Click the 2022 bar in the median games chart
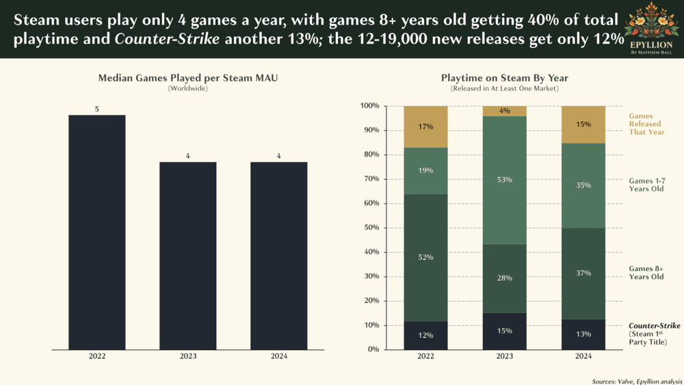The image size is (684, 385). point(96,233)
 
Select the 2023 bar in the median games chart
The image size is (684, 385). point(188,256)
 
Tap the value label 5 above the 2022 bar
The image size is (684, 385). point(97,109)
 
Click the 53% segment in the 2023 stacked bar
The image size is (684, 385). point(505,180)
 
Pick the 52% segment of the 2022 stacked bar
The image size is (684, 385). point(425,258)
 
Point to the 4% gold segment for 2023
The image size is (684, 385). point(505,111)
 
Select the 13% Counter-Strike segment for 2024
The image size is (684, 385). point(583,334)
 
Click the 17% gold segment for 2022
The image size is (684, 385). point(425,127)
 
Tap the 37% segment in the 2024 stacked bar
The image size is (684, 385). point(583,274)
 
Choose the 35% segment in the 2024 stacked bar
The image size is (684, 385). point(583,185)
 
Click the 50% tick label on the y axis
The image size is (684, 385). point(369,228)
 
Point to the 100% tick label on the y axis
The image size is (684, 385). point(368,106)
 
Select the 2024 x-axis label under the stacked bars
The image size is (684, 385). point(583,356)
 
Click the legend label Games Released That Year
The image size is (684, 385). point(646,124)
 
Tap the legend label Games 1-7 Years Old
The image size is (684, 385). point(646,185)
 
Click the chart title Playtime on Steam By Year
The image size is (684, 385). point(504,78)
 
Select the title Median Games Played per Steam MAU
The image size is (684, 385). point(188,78)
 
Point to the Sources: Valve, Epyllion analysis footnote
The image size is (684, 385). point(637,380)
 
